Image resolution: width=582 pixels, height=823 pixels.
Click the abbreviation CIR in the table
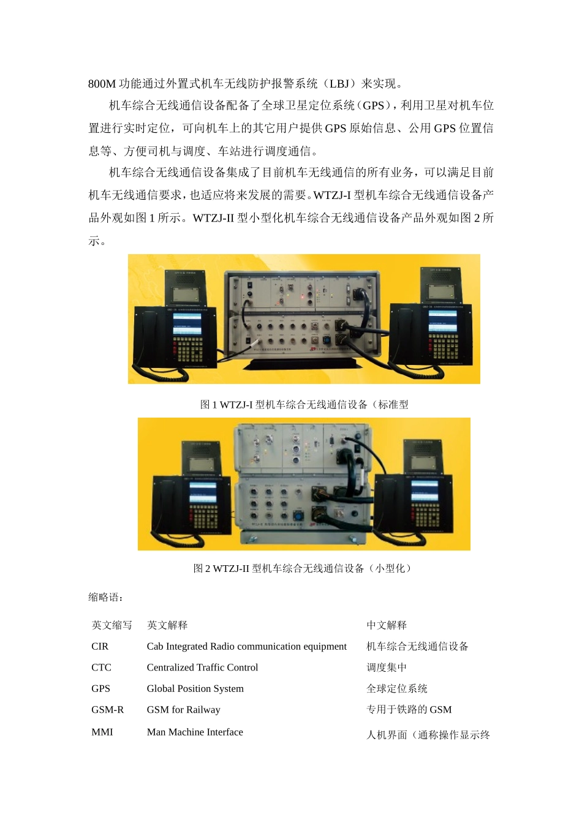[x=100, y=646]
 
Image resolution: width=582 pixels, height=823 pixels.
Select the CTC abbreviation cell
[x=101, y=667]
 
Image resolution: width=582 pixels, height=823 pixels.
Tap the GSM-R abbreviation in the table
[x=107, y=710]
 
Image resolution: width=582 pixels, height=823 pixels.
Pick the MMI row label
[x=102, y=732]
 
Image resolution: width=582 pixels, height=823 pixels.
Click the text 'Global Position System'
[x=195, y=688]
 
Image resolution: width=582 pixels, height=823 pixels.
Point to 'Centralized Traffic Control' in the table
[x=202, y=667]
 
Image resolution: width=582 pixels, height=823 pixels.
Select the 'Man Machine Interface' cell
[x=195, y=732]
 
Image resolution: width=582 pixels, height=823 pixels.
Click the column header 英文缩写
[x=111, y=625]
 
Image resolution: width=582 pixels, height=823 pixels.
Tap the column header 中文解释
[x=387, y=625]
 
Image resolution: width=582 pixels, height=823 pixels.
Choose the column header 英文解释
[x=167, y=625]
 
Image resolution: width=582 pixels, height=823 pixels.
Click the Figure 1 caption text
[x=304, y=405]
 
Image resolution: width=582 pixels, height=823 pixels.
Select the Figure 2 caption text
[x=304, y=568]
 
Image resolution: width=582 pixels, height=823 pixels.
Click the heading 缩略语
[x=105, y=597]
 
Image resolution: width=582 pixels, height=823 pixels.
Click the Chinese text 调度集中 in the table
[x=387, y=667]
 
